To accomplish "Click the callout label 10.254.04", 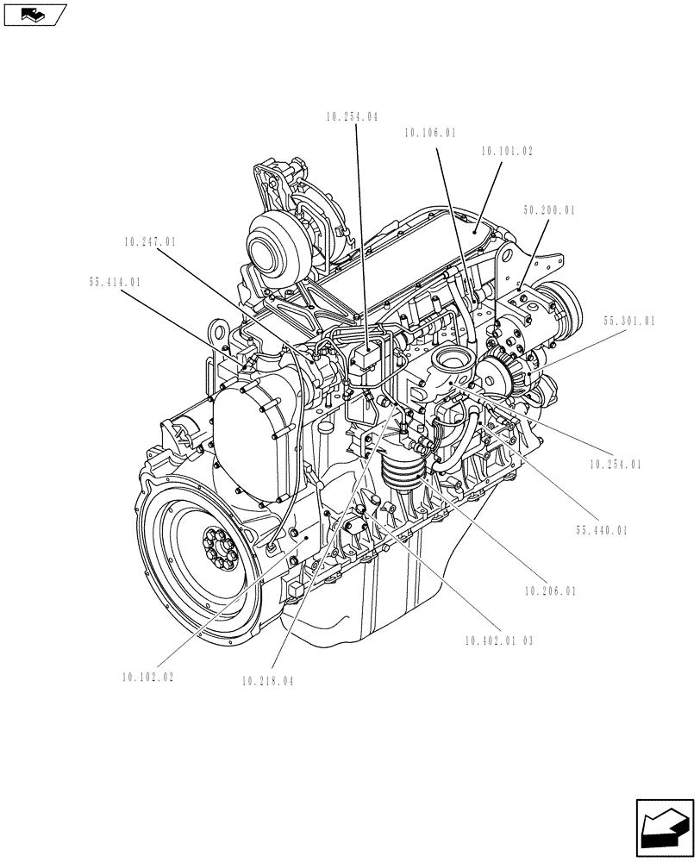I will coord(353,116).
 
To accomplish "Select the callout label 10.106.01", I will coord(429,133).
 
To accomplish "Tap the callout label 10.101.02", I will coord(507,151).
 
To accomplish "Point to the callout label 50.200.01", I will coord(549,209).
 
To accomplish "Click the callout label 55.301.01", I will coord(629,321).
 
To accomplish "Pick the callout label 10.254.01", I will coord(616,465).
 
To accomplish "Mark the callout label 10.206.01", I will coord(550,591).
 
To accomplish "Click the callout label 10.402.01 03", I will coord(498,640).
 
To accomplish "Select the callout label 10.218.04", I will coord(268,681).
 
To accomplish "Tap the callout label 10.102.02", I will coord(148,678).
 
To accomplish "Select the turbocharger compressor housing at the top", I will coord(275,243).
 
